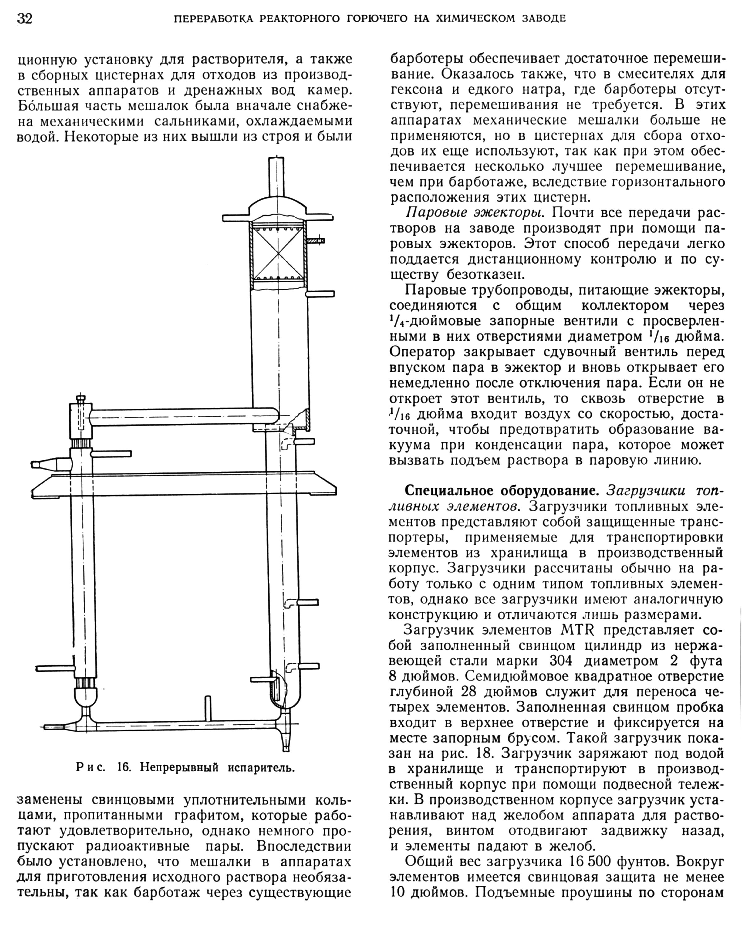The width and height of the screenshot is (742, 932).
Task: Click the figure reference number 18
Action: (484, 754)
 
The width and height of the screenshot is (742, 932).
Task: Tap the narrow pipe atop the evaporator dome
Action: (277, 177)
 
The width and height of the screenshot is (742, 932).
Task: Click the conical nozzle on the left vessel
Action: (52, 464)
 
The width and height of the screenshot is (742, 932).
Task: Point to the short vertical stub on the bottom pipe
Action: (208, 707)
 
